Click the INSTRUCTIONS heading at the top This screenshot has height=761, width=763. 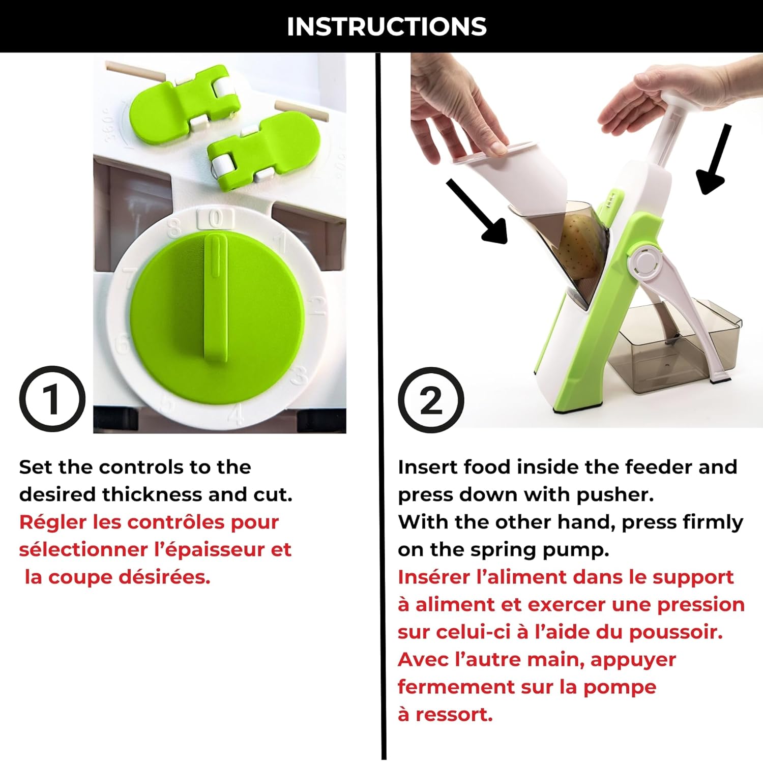pyautogui.click(x=387, y=26)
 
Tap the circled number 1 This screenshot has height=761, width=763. pyautogui.click(x=52, y=399)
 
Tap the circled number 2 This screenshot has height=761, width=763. pyautogui.click(x=431, y=400)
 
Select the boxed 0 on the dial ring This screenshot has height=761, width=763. pyautogui.click(x=216, y=219)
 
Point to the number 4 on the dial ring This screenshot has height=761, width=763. pyautogui.click(x=236, y=414)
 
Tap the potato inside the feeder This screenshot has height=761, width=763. pyautogui.click(x=580, y=244)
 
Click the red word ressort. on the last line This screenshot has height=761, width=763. pyautogui.click(x=454, y=715)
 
